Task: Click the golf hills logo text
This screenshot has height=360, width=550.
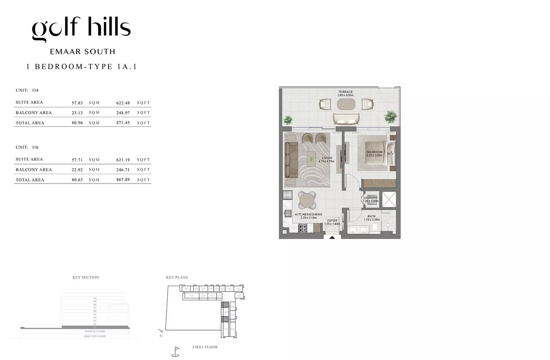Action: pos(81,29)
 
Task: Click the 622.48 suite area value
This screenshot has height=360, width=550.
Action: pos(123,103)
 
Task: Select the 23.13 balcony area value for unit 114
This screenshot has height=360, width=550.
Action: pos(77,113)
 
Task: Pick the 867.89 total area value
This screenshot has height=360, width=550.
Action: pos(123,180)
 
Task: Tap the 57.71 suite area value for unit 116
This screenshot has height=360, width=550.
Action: pos(77,160)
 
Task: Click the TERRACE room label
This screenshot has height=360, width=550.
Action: pos(345,92)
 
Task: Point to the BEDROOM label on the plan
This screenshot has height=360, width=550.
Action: pos(375,152)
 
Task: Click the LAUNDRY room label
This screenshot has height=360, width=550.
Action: pos(371,198)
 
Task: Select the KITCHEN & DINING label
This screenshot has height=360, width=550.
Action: pos(308,215)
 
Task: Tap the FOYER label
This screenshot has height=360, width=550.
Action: pos(332,221)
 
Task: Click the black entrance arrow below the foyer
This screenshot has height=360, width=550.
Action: pos(332,237)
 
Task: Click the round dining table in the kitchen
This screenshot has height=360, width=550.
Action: pos(307,200)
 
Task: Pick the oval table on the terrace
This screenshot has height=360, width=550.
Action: pos(346,104)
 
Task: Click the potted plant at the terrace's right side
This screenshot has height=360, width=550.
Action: pos(390,117)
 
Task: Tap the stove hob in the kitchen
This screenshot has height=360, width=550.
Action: pos(302,228)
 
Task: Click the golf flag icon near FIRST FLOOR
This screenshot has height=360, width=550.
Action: pos(176,352)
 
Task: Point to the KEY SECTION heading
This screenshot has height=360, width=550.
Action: pos(85,277)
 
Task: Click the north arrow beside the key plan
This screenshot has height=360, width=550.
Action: pos(160,330)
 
